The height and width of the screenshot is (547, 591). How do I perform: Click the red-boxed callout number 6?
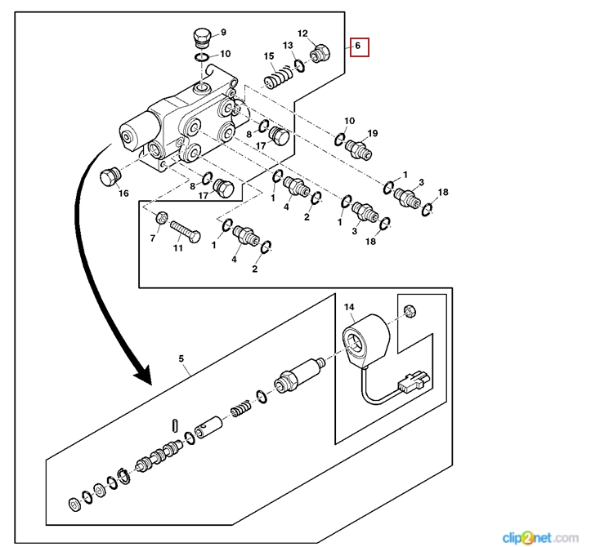[356, 46]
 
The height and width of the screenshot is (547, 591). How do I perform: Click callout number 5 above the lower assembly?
[181, 359]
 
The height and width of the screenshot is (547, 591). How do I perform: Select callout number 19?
[373, 133]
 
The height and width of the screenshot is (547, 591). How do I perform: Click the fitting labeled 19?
[359, 150]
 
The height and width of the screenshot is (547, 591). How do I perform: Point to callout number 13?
[288, 45]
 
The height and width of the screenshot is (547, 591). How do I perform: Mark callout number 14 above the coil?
[349, 307]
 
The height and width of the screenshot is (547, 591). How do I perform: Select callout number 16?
[124, 193]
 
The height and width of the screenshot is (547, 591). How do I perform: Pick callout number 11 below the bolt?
[177, 248]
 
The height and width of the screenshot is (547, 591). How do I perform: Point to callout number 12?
[302, 33]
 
